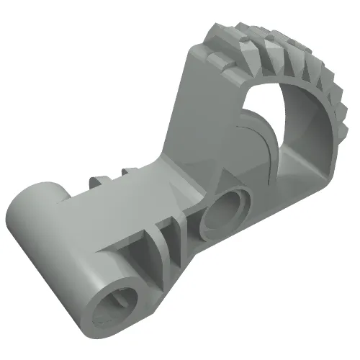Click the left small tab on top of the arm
click(95, 179)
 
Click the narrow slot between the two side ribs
click(171, 233)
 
